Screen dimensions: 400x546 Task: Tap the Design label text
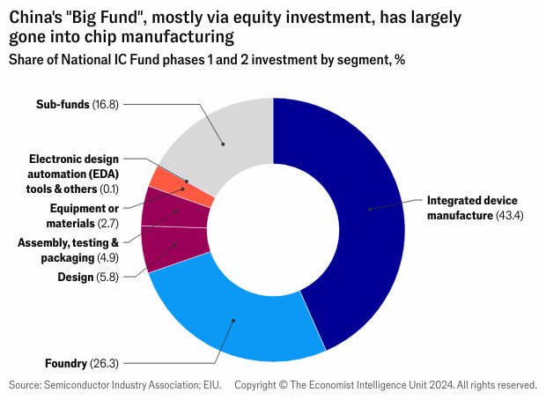(x=75, y=277)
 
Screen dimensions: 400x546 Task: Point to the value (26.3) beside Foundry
(x=105, y=363)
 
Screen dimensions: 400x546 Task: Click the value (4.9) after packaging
(x=107, y=258)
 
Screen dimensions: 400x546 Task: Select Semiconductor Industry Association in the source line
(x=132, y=385)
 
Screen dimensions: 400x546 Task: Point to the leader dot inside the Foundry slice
(x=234, y=321)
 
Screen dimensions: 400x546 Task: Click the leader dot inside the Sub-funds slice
(x=223, y=143)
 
